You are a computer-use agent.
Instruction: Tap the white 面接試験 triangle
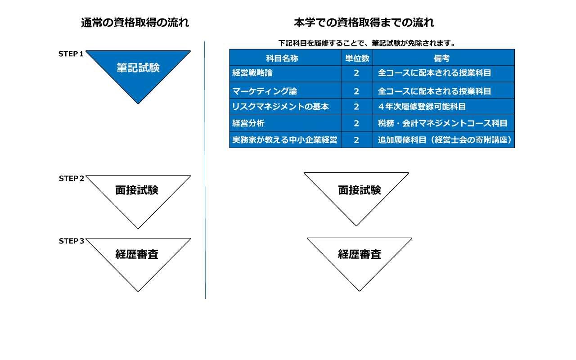click(x=357, y=191)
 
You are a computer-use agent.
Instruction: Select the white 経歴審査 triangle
click(x=360, y=255)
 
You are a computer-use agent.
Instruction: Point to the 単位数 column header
click(x=357, y=58)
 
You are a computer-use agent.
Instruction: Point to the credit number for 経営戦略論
click(x=356, y=73)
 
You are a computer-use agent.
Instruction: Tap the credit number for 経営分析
click(x=356, y=123)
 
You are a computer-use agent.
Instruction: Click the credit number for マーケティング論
click(x=356, y=91)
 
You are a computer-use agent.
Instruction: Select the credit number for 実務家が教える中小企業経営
click(x=356, y=140)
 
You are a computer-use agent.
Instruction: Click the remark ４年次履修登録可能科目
click(x=422, y=107)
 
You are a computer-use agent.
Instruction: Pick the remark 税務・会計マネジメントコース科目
click(x=443, y=123)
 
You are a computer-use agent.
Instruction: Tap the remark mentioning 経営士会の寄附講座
click(x=445, y=140)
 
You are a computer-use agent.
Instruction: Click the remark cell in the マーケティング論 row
click(x=434, y=91)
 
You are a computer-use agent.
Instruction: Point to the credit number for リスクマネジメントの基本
click(x=356, y=107)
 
